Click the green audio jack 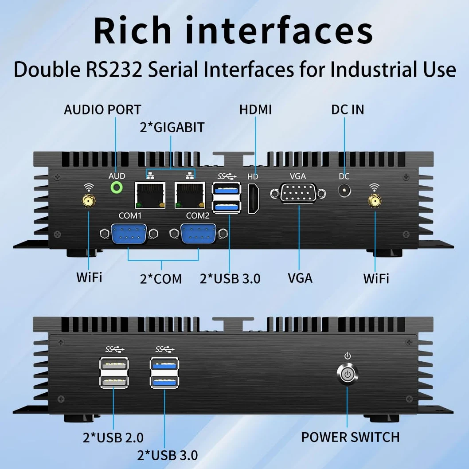click(x=116, y=188)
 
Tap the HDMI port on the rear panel click(x=254, y=199)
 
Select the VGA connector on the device click(x=298, y=193)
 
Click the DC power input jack click(x=344, y=191)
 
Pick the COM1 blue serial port click(x=129, y=234)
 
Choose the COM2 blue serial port click(x=199, y=234)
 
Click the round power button click(x=347, y=374)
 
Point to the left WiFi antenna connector click(x=88, y=201)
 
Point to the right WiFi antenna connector click(x=375, y=201)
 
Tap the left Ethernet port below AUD click(x=150, y=195)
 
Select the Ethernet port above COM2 click(x=190, y=195)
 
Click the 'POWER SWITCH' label click(x=350, y=437)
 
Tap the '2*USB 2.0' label click(x=113, y=438)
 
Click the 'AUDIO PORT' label click(x=102, y=110)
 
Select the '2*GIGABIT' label click(x=172, y=127)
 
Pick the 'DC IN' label click(x=348, y=110)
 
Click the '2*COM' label click(x=161, y=279)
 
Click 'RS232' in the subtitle click(x=114, y=70)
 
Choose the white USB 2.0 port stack click(x=114, y=373)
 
